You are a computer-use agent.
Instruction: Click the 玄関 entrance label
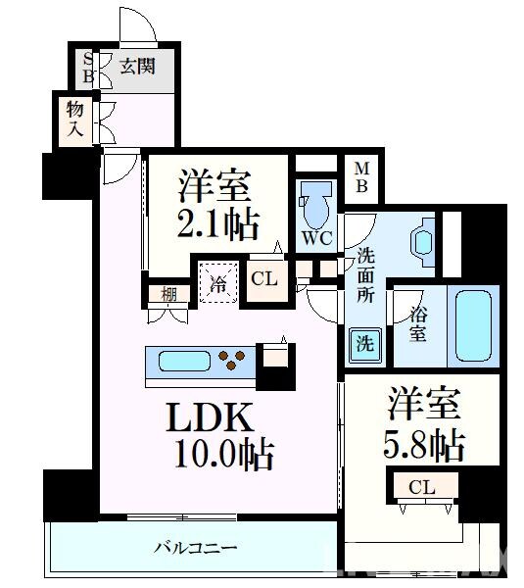click(137, 68)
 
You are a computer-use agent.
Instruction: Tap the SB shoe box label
click(88, 67)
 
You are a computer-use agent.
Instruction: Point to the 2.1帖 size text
click(218, 225)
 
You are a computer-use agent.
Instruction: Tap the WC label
click(316, 238)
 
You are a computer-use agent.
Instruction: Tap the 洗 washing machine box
click(363, 345)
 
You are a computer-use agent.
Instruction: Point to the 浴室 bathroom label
click(417, 324)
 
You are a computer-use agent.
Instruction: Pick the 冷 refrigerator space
click(219, 282)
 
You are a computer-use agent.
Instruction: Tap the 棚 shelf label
click(169, 293)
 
